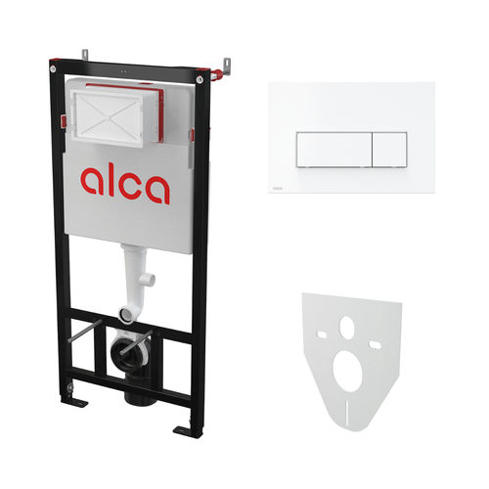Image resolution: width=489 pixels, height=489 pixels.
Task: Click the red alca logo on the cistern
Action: [x=125, y=184]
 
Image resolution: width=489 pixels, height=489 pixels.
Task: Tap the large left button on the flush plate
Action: [x=334, y=150]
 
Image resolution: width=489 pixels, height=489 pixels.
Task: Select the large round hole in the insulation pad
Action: [x=348, y=371]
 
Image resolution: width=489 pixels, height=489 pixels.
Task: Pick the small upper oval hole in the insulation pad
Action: [x=346, y=327]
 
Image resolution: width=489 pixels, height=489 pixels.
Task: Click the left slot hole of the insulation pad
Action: [x=322, y=333]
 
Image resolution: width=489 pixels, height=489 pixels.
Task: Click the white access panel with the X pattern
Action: [x=108, y=117]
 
